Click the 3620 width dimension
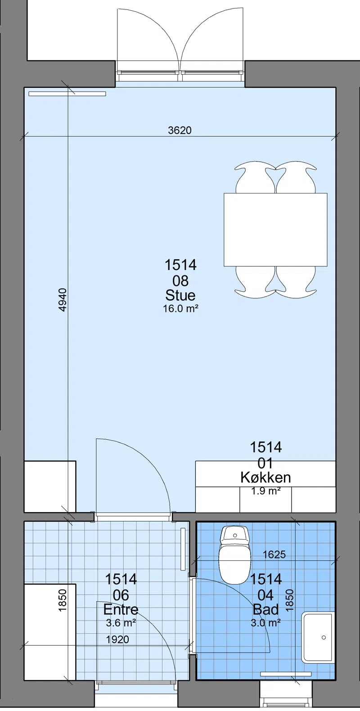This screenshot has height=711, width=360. [x=180, y=130]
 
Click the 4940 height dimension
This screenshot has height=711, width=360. [x=63, y=300]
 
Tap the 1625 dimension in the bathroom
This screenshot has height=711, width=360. [x=274, y=554]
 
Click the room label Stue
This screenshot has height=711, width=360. [x=180, y=295]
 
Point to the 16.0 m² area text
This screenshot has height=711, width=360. [x=180, y=309]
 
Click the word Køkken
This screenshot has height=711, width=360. [x=265, y=477]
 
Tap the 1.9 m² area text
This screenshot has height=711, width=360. [x=265, y=491]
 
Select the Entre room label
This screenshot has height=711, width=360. [x=121, y=609]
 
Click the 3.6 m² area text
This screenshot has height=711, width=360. [x=121, y=623]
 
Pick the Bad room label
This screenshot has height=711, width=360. [x=265, y=609]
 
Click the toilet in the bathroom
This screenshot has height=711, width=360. [x=235, y=555]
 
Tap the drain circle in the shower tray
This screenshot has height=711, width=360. [x=324, y=637]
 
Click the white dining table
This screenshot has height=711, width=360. [x=275, y=229]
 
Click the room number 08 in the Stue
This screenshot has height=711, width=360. [x=180, y=281]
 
